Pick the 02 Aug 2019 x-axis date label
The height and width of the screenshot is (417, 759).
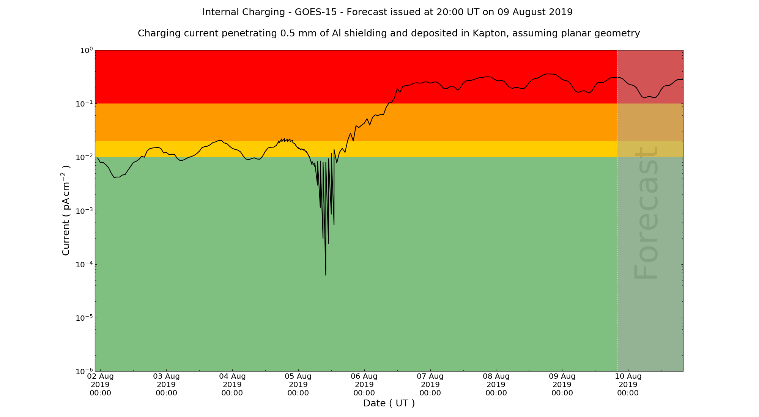(101, 384)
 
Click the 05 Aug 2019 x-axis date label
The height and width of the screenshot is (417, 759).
(298, 384)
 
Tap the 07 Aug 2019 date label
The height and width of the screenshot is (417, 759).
(430, 384)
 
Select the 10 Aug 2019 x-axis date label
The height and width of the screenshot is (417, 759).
(628, 384)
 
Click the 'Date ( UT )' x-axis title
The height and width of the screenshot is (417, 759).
(389, 403)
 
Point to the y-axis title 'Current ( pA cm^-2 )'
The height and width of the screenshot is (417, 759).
(66, 210)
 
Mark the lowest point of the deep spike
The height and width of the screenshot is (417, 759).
(326, 275)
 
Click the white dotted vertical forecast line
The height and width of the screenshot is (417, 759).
(617, 227)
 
